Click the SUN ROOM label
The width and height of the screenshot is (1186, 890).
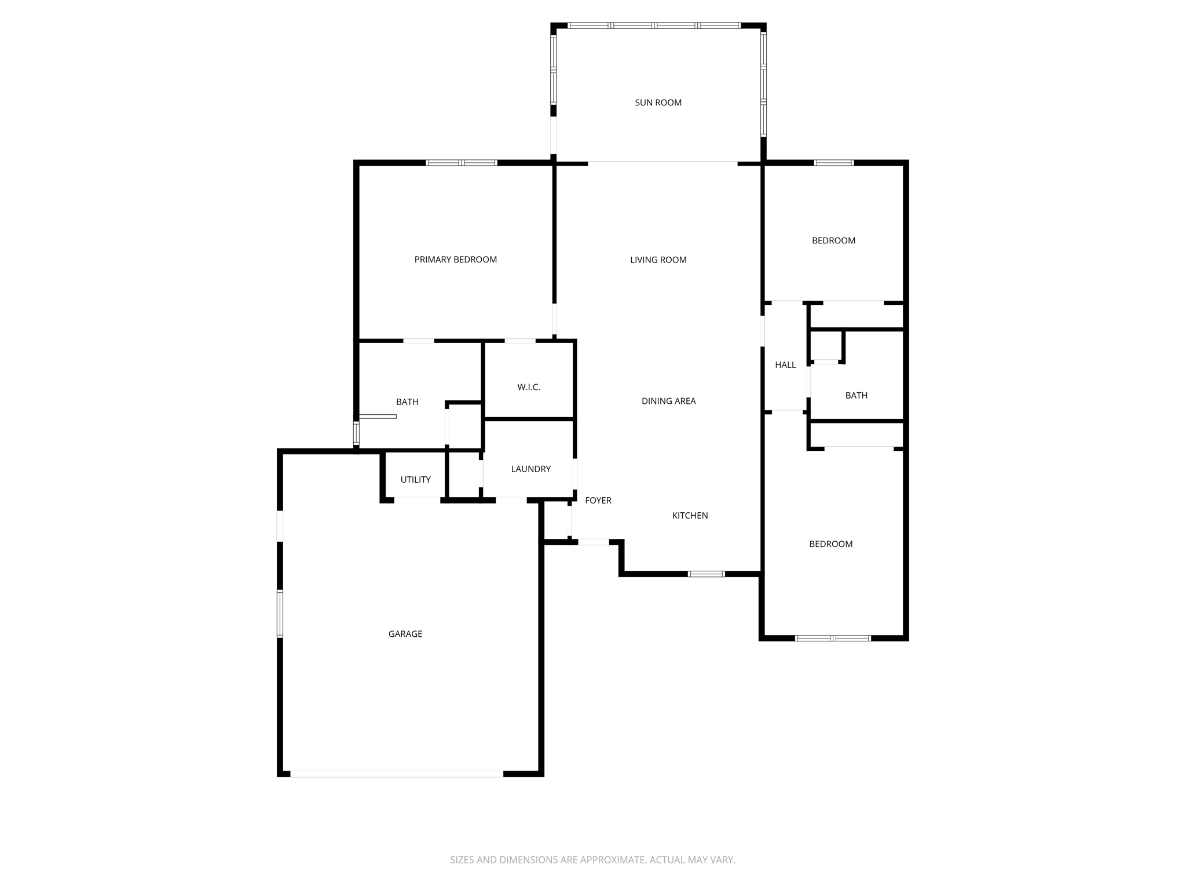point(658,103)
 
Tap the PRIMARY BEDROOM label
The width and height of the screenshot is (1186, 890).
point(455,260)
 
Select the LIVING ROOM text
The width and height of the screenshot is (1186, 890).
point(658,260)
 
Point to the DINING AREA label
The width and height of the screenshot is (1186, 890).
point(668,401)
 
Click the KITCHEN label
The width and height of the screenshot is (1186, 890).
point(690,516)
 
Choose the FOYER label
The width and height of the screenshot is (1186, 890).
point(598,501)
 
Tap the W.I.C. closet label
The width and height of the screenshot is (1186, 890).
point(528,387)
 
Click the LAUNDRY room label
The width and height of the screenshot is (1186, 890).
point(530,469)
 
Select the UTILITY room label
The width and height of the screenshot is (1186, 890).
point(415,480)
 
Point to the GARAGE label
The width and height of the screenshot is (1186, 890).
point(405,634)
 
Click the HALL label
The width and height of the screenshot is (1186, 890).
point(785,365)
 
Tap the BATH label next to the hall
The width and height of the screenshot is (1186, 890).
point(856,396)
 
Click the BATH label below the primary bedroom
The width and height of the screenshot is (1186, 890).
point(407,402)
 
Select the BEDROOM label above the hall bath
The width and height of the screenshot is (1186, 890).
point(833,240)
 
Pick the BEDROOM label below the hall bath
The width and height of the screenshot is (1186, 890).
point(830,544)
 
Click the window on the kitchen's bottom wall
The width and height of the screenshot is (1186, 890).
point(706,574)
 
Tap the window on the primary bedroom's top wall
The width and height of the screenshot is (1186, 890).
point(462,163)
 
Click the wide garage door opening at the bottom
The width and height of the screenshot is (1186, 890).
point(397,774)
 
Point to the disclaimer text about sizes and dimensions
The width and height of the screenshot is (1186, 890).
point(592,860)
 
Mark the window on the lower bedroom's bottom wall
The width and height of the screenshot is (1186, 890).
point(833,638)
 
